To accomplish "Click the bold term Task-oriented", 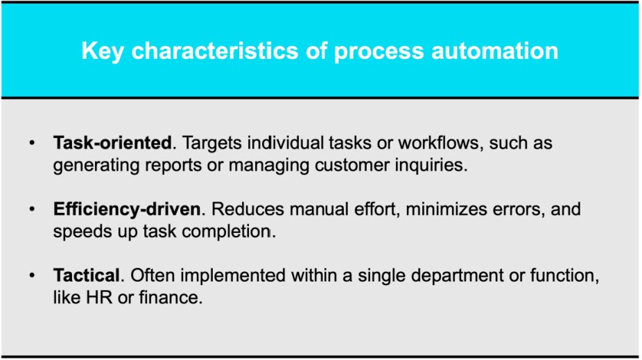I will tap(112, 144).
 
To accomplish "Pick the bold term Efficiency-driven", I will tap(126, 209).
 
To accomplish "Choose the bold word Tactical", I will tap(88, 275).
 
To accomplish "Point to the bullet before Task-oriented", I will tap(31, 144).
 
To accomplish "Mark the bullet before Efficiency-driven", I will tap(31, 209).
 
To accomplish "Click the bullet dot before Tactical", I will tap(31, 275).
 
